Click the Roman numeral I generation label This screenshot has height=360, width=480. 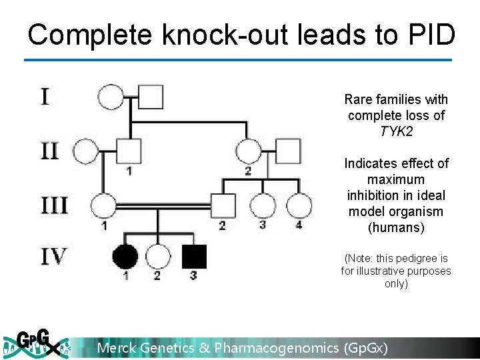click(x=44, y=97)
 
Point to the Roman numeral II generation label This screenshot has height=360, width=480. click(x=49, y=151)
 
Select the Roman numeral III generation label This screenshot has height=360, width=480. click(x=53, y=205)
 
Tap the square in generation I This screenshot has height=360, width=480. click(x=151, y=97)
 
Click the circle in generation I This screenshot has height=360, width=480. click(x=111, y=97)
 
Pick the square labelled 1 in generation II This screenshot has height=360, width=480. click(x=129, y=152)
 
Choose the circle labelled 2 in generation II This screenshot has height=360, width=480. click(x=249, y=152)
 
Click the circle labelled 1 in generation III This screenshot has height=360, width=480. click(x=104, y=206)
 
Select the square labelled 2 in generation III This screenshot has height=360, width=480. click(x=222, y=206)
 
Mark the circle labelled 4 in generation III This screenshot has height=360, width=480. click(x=299, y=206)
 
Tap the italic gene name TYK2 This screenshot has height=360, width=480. click(x=396, y=131)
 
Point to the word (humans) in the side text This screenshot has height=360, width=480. click(x=396, y=228)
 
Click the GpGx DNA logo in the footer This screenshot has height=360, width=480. click(x=37, y=344)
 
